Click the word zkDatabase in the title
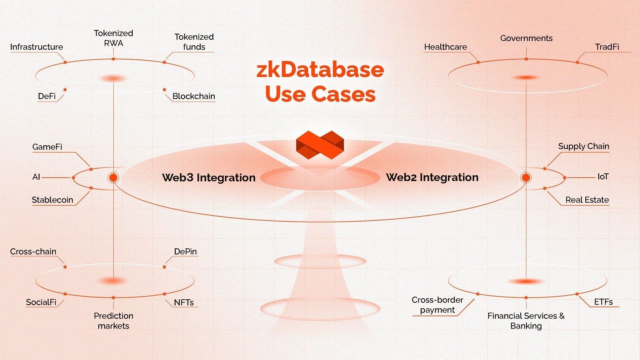click(320, 70)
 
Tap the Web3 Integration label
click(209, 177)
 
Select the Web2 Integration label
click(432, 177)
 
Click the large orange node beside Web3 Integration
click(113, 178)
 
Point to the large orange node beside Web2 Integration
click(526, 178)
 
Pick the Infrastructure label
click(36, 47)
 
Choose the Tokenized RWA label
click(113, 38)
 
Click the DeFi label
click(47, 96)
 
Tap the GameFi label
click(47, 147)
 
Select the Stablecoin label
click(52, 200)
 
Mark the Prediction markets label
click(113, 321)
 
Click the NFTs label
click(184, 302)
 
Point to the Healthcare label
click(445, 47)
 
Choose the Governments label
click(526, 38)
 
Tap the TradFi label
click(607, 47)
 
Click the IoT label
click(603, 177)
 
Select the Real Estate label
click(587, 200)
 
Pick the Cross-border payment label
click(437, 305)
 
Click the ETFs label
click(603, 302)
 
